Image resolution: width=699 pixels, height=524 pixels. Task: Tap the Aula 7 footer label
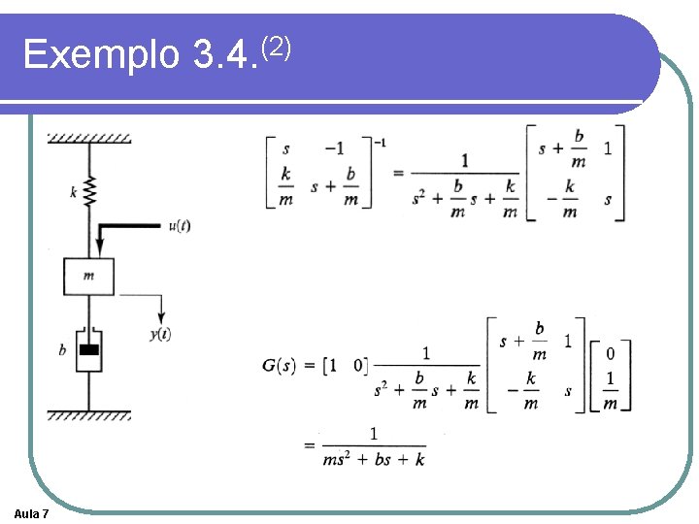33,512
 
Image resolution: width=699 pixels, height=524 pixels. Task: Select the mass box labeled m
88,276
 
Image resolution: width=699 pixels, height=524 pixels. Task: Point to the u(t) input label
179,225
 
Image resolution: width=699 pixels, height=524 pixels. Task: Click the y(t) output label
160,335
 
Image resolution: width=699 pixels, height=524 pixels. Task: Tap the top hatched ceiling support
89,137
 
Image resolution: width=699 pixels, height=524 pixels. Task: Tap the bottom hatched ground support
89,415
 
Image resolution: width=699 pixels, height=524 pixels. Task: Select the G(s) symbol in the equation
281,365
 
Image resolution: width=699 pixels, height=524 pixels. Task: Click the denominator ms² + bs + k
374,459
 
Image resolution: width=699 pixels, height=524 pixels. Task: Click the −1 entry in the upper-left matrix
334,148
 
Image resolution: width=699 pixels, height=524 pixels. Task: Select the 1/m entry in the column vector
610,391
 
